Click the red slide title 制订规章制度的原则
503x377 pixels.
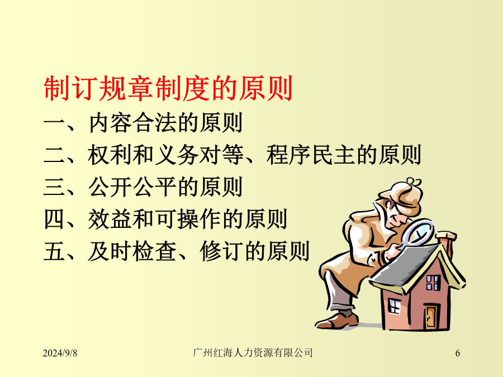coord(168,88)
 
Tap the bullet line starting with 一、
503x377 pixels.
coord(143,122)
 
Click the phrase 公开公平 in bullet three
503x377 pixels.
coord(132,187)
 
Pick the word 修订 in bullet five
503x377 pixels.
coord(222,251)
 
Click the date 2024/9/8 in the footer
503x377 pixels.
coord(60,353)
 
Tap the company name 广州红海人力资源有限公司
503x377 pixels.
coord(253,352)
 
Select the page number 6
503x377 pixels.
coord(458,353)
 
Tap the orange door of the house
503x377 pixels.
coord(430,317)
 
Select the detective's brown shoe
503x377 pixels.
coord(337,321)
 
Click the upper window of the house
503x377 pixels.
coord(433,283)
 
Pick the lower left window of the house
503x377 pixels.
coord(394,306)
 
